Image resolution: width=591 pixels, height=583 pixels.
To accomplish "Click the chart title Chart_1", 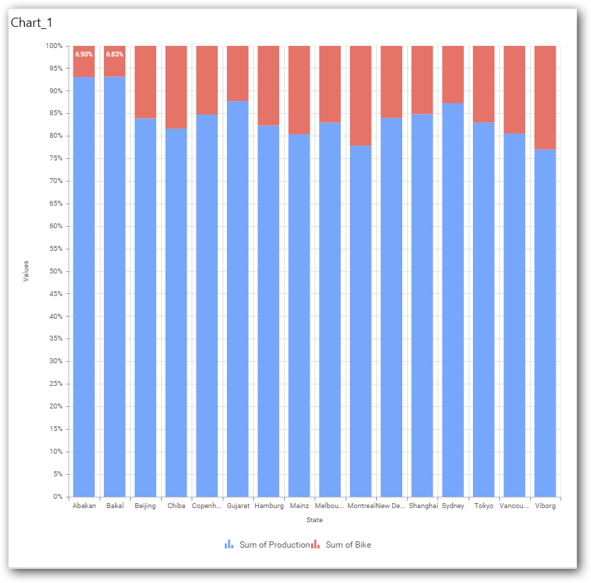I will (31, 23).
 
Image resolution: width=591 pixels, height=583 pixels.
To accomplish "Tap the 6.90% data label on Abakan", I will (84, 54).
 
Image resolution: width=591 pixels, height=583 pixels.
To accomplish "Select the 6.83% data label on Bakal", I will (115, 54).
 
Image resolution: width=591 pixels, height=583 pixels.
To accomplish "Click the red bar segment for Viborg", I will (545, 97).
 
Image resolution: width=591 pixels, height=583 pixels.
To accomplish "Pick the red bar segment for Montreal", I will (361, 95).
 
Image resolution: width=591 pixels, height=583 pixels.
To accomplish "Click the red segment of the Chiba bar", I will (176, 87).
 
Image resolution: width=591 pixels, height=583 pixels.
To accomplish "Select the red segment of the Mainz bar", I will (299, 90).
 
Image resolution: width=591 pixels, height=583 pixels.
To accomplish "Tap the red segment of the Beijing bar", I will (146, 82).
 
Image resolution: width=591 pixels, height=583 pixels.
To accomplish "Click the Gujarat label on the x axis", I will (238, 506).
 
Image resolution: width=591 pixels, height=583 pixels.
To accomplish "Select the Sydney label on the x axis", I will (452, 506).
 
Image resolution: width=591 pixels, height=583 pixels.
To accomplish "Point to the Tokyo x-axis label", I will (484, 506).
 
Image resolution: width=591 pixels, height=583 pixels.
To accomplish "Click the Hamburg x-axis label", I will (269, 506).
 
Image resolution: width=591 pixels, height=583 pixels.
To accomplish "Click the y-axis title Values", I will (26, 271).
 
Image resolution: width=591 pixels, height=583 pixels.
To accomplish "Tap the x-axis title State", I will (315, 520).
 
